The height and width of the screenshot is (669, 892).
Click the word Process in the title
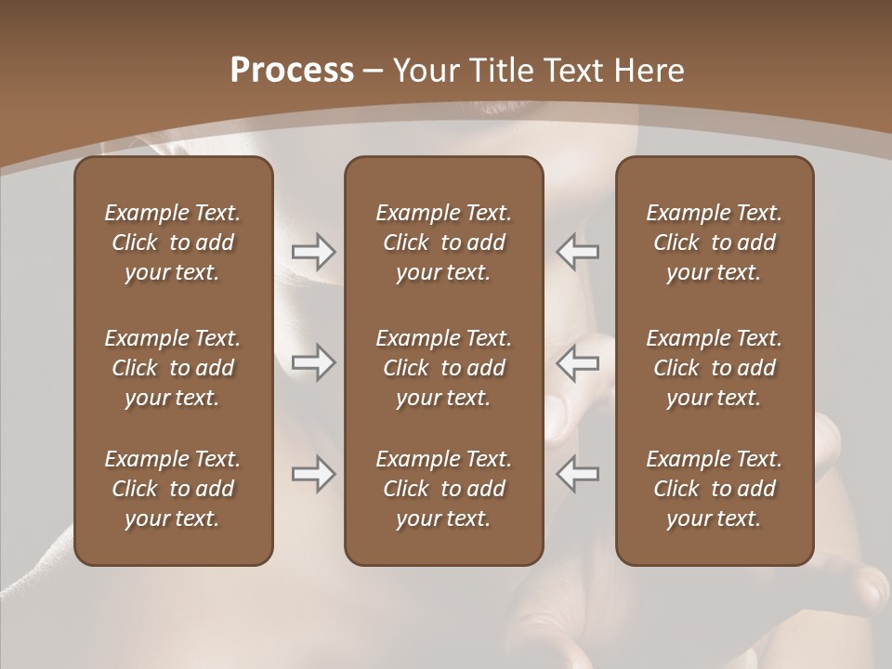292,71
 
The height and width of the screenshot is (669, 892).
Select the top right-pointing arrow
313,251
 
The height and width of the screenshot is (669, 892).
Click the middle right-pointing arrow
313,362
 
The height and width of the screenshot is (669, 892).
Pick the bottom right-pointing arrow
313,474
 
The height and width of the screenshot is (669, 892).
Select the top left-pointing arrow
577,251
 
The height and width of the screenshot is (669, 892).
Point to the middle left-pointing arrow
577,362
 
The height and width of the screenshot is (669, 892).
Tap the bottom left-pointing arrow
577,474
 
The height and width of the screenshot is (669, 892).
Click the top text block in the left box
173,243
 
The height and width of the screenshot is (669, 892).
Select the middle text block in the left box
173,368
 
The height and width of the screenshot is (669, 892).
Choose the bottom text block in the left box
173,489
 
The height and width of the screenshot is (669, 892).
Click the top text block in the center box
443,243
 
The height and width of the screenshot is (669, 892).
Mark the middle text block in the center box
443,368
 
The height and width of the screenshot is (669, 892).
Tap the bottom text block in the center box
443,489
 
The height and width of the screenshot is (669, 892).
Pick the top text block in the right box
714,243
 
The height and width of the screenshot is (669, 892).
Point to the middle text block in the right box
714,368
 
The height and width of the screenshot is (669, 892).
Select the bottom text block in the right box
714,489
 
